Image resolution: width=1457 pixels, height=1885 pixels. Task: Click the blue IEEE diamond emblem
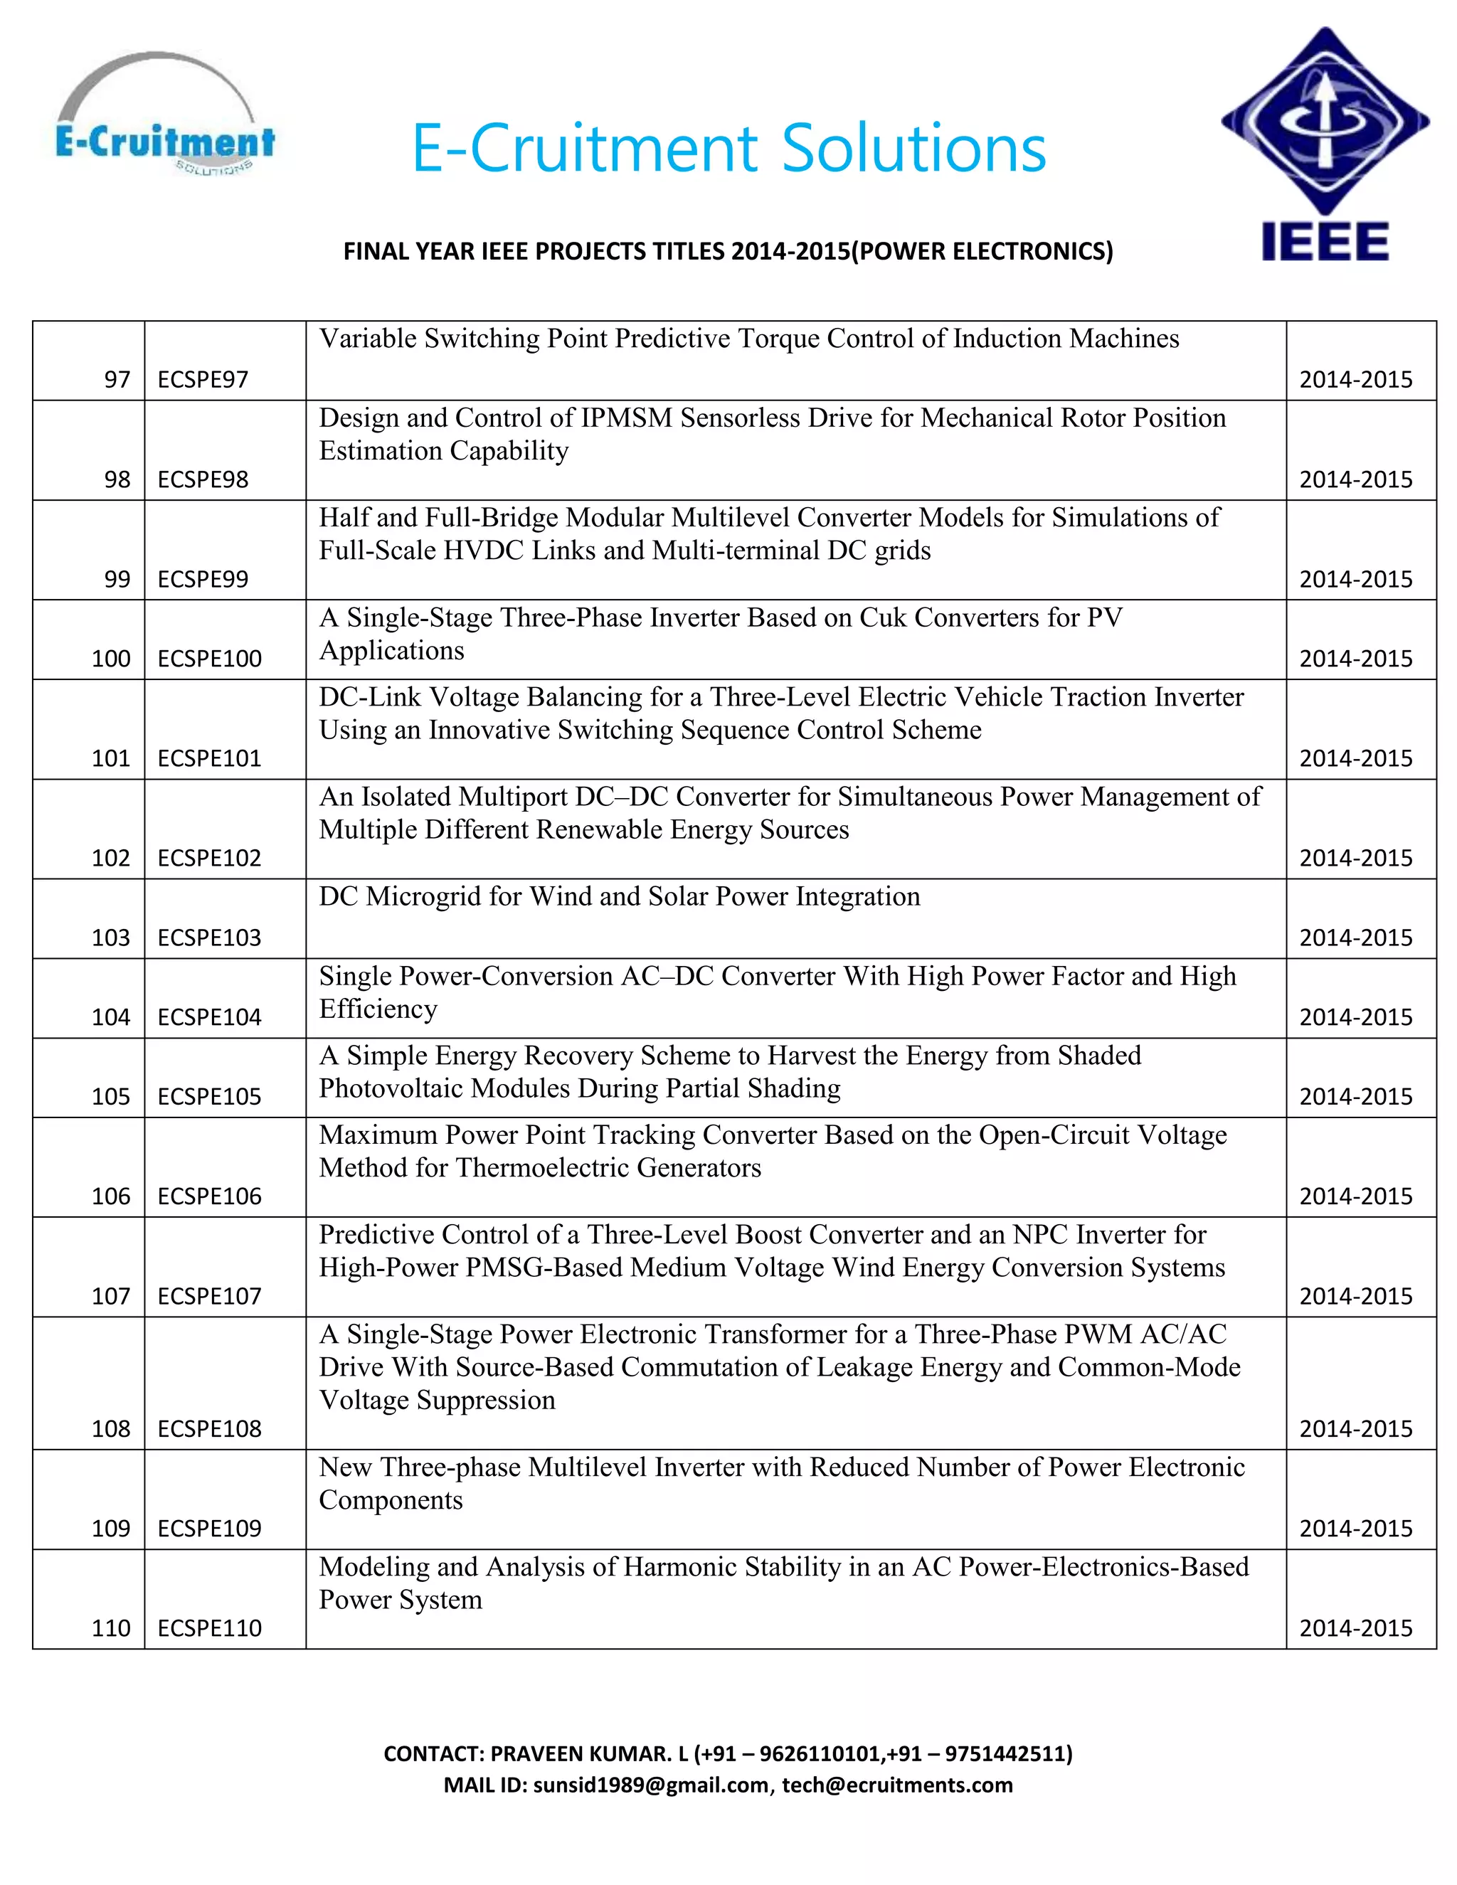click(1325, 121)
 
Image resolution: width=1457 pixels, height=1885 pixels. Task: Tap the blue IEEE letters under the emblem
click(1325, 241)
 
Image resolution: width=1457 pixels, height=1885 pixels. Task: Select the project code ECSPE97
click(203, 380)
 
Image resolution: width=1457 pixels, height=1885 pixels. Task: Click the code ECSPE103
click(209, 938)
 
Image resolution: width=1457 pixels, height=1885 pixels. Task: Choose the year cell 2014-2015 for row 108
click(1355, 1428)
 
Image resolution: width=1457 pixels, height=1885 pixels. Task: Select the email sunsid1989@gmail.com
click(651, 1785)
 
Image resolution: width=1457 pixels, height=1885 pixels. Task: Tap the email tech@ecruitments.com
click(897, 1785)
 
